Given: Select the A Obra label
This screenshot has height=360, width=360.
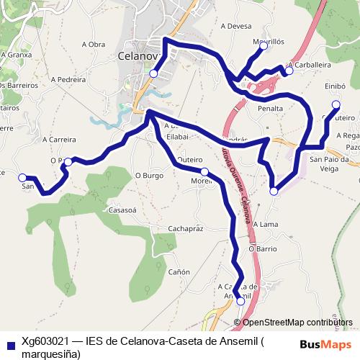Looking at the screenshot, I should [94, 44].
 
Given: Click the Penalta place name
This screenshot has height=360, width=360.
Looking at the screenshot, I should [270, 108].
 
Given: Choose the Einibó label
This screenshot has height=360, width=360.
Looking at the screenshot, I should [336, 86].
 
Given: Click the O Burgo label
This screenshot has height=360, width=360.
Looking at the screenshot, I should [149, 175].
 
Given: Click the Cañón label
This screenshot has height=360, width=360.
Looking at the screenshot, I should [179, 271].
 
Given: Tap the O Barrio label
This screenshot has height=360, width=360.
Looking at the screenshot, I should [263, 248].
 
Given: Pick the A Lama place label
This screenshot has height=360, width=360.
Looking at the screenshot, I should [266, 224].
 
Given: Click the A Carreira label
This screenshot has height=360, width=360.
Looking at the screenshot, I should [59, 139].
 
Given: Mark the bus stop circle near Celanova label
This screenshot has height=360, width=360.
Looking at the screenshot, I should [153, 73].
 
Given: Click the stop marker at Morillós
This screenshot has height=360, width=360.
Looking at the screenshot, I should [264, 45].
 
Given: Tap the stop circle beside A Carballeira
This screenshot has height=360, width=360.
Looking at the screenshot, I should [289, 71].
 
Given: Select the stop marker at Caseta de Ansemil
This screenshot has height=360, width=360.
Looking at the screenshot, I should [240, 302].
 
